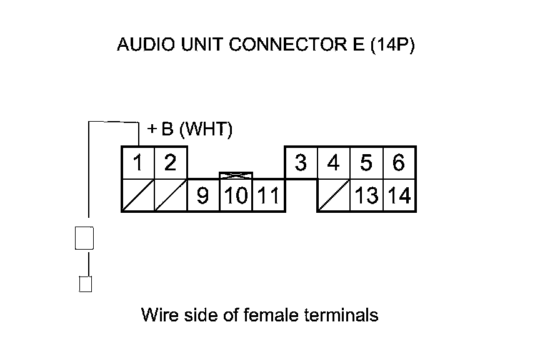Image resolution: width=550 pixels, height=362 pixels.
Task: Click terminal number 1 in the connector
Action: (138, 164)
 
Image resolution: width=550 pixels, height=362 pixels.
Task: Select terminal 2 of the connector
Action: (170, 164)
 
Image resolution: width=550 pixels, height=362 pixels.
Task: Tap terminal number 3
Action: (301, 164)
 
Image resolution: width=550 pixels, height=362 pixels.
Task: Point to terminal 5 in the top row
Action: (366, 164)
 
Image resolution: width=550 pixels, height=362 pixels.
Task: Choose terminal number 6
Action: (399, 164)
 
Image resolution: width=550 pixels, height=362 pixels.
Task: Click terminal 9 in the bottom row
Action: (202, 196)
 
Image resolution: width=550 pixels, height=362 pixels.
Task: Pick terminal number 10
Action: (235, 196)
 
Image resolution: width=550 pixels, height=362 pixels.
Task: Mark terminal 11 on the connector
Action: (268, 196)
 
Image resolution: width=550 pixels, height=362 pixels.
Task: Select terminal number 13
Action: (366, 196)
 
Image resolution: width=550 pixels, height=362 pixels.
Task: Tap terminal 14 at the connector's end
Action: (399, 196)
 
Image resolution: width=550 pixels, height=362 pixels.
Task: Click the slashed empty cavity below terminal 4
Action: (334, 195)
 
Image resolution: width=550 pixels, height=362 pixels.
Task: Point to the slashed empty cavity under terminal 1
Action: (137, 195)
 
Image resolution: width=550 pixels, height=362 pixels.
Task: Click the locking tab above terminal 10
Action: (236, 177)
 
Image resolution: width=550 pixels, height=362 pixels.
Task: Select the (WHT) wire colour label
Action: (206, 130)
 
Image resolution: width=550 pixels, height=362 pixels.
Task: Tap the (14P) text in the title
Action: (392, 46)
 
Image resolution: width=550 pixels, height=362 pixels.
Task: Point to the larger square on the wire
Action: (84, 238)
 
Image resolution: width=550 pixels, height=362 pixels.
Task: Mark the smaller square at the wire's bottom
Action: (86, 284)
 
